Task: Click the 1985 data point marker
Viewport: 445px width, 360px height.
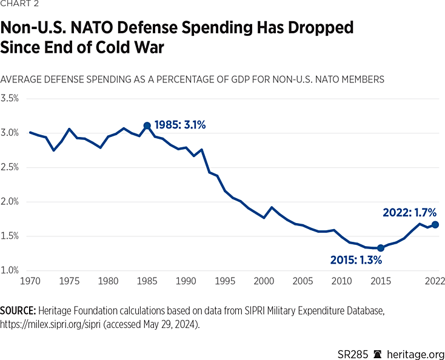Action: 147,125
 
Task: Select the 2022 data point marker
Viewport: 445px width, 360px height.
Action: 435,224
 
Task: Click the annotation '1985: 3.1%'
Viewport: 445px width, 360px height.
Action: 180,125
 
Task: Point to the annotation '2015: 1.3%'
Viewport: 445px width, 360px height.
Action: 356,260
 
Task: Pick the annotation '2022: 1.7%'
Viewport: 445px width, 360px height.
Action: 409,213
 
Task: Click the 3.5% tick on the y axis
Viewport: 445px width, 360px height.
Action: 10,98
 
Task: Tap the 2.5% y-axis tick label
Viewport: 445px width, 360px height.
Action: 10,167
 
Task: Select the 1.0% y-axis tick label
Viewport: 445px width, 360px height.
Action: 10,271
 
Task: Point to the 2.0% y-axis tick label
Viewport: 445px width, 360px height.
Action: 10,202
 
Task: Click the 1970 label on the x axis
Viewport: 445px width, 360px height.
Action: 30,282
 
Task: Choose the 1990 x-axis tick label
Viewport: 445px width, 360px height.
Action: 186,282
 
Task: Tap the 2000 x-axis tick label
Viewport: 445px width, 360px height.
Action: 264,282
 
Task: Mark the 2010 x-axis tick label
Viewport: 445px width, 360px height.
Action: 341,282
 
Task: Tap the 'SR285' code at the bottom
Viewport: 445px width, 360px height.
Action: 352,353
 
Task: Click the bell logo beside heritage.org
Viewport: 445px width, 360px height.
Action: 379,353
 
